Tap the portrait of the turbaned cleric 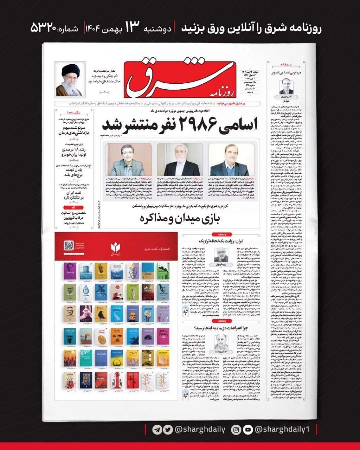pyautogui.click(x=70, y=81)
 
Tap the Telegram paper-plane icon pyautogui.click(x=157, y=430)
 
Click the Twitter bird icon pyautogui.click(x=168, y=430)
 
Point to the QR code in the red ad pyautogui.click(x=68, y=245)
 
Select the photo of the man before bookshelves pyautogui.click(x=129, y=159)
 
